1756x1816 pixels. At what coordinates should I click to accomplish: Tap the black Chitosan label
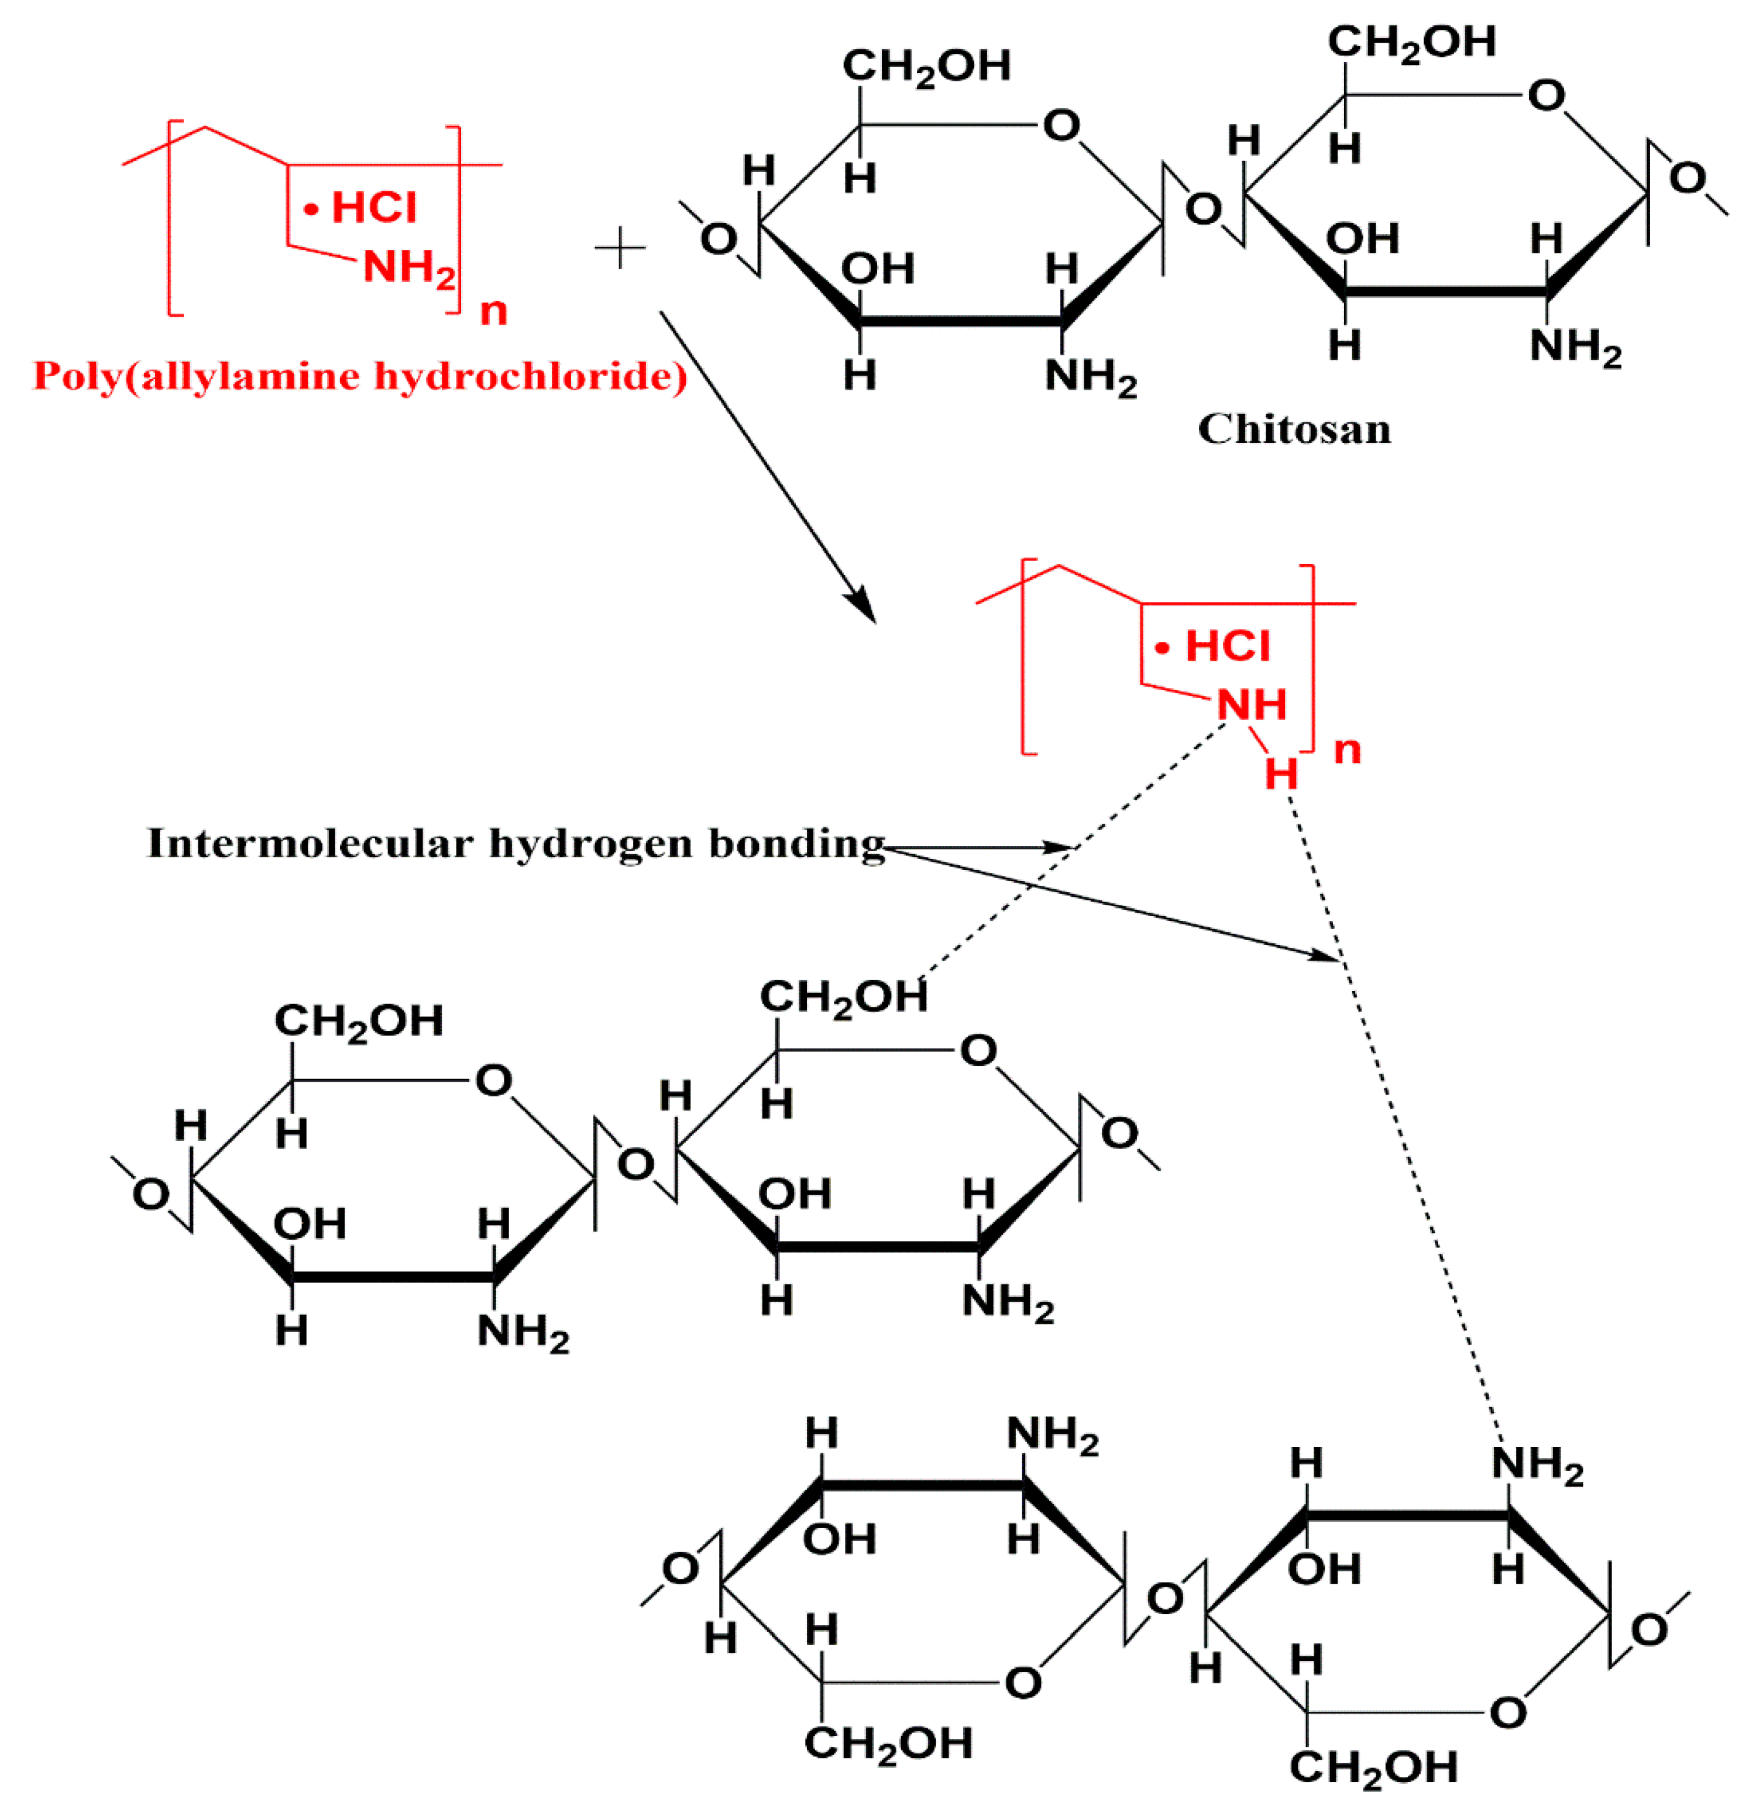click(x=1294, y=429)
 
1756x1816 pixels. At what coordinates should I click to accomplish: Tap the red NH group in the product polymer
click(x=1251, y=705)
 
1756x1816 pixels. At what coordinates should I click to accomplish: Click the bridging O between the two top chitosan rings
click(x=1203, y=210)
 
